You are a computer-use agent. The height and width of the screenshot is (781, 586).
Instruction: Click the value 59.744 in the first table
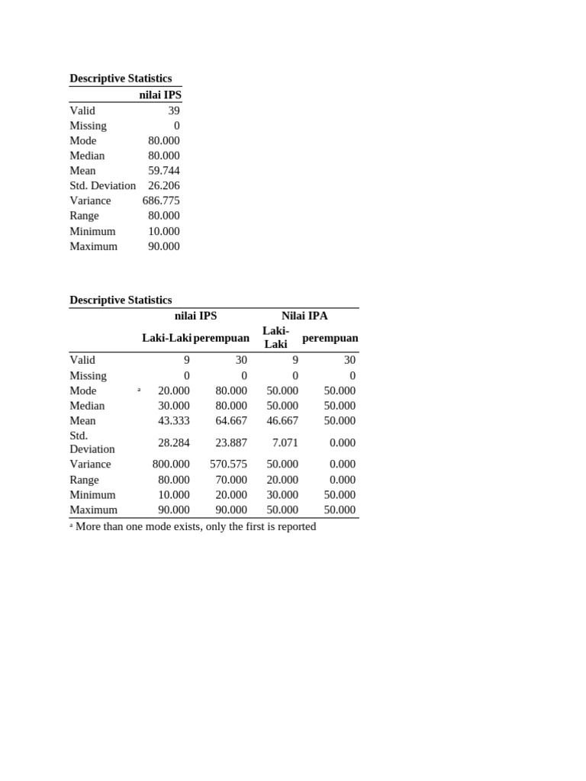coord(164,171)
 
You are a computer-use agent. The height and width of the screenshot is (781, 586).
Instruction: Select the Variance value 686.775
coord(161,201)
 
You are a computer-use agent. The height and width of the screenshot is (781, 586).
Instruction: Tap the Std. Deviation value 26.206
coord(164,185)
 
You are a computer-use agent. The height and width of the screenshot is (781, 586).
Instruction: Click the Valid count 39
coord(173,111)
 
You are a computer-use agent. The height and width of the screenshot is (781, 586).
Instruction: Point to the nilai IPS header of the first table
coord(160,95)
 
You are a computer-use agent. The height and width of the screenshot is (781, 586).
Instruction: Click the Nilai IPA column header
coord(304,316)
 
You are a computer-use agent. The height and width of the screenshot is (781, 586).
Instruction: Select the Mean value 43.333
coord(173,420)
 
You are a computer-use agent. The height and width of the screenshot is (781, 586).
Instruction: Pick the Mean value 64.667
coord(231,420)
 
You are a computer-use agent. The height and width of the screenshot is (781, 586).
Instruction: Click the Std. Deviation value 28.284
coord(173,442)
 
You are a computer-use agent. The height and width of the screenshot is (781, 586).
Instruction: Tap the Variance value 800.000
coord(171,464)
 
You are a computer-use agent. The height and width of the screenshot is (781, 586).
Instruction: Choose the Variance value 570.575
coord(228,464)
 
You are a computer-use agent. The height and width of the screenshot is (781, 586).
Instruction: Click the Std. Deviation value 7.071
coord(285,442)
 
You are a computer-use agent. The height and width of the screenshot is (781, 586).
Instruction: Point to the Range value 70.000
coord(231,480)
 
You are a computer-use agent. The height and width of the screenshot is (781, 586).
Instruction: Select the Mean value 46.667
coord(282,420)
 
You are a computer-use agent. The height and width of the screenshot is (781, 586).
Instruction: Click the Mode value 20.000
coord(173,390)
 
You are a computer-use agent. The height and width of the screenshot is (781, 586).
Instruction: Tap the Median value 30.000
coord(173,406)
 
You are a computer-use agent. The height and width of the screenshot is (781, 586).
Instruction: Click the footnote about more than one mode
coord(195,526)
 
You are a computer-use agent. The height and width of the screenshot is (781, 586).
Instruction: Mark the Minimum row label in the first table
coord(92,231)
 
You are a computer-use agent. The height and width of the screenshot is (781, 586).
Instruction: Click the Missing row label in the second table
coord(88,375)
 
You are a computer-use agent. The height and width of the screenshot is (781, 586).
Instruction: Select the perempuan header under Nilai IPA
coord(330,338)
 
